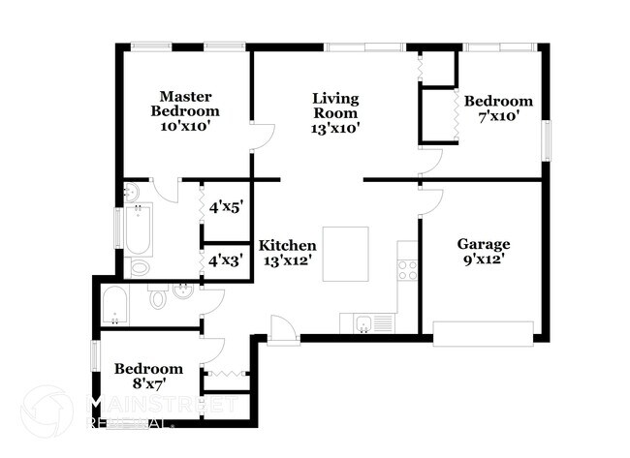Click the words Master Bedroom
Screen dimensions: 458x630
click(x=185, y=104)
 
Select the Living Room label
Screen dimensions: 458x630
click(x=335, y=105)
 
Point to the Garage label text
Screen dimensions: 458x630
click(x=484, y=244)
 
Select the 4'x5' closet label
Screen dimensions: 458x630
click(x=225, y=206)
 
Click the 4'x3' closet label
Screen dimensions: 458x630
click(x=225, y=260)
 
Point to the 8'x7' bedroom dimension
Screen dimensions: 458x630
click(x=148, y=384)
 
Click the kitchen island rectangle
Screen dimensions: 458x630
click(x=346, y=254)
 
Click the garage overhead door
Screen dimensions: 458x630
click(x=483, y=333)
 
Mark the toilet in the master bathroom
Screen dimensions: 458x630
click(x=140, y=265)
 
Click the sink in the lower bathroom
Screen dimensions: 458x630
click(x=182, y=290)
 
